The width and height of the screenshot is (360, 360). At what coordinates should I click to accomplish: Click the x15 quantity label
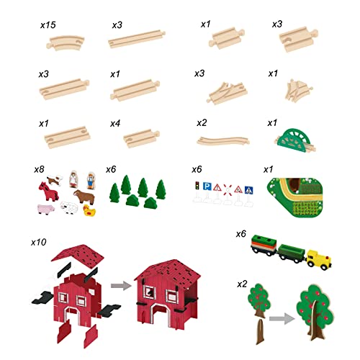[x=49, y=24]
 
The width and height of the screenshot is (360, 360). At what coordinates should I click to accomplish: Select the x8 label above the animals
[x=40, y=170]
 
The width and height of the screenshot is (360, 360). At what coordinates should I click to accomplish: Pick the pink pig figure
[x=43, y=210]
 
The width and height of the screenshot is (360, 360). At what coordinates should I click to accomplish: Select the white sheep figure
[x=68, y=210]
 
